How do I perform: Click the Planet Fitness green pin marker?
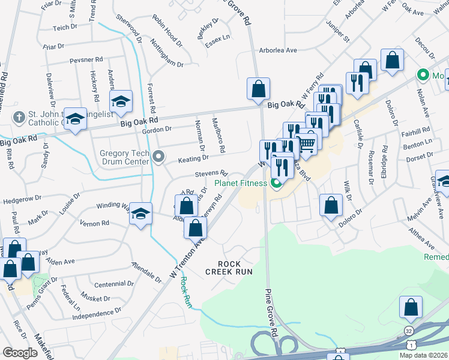(x=277, y=184)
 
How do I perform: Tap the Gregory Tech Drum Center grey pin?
(x=158, y=157)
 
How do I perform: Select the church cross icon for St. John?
(x=19, y=116)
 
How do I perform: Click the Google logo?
(x=20, y=352)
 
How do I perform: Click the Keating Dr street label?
(x=193, y=158)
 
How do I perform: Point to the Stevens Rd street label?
(x=211, y=173)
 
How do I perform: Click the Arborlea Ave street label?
(x=278, y=50)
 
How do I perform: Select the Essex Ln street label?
(x=217, y=37)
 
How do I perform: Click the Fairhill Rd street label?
(x=417, y=129)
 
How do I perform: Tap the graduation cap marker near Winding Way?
(x=140, y=214)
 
